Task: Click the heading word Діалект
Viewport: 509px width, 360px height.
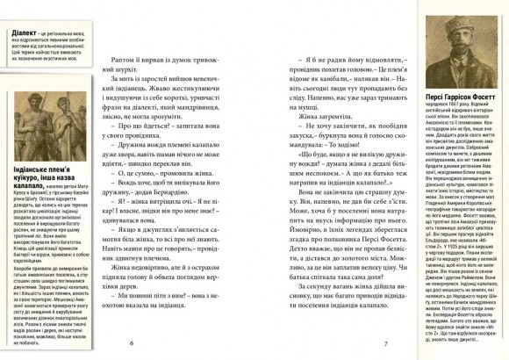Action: pos(18,28)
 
